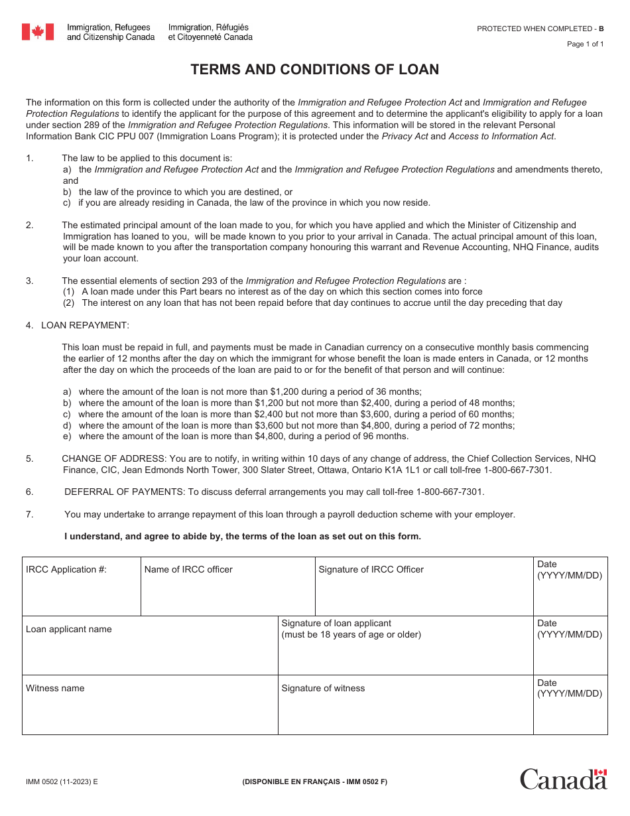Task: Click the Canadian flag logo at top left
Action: (37, 32)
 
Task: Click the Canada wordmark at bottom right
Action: (563, 779)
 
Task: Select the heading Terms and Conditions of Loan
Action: (315, 70)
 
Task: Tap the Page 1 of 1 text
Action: (585, 44)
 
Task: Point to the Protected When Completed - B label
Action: (540, 29)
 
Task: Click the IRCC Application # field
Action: (82, 594)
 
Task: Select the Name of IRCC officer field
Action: (227, 594)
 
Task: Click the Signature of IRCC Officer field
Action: (424, 594)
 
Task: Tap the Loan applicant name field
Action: (150, 653)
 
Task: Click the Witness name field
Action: (150, 713)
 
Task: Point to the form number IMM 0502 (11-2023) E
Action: (62, 782)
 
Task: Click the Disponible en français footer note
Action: (314, 782)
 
